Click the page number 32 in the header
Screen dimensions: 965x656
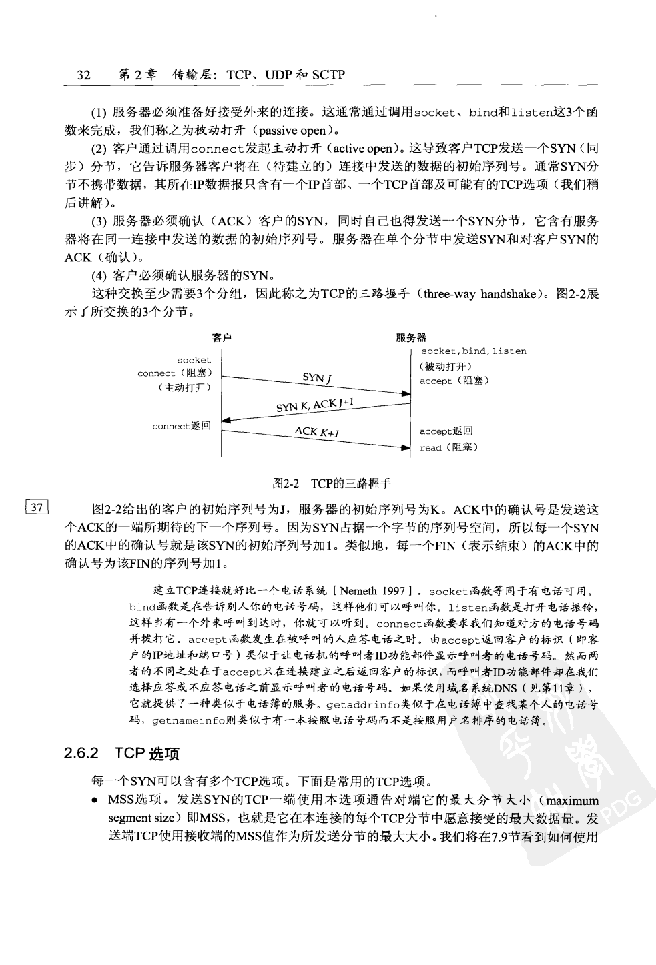point(83,75)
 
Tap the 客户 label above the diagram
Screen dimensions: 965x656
point(222,338)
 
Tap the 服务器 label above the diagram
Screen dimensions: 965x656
point(411,338)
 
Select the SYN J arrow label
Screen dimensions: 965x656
point(318,378)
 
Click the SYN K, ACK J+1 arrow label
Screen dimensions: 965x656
point(315,405)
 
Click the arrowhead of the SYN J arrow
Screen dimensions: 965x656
point(406,393)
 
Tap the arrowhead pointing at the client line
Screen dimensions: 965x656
point(226,421)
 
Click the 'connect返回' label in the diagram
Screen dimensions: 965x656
point(182,426)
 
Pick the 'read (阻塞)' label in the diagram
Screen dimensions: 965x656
point(448,447)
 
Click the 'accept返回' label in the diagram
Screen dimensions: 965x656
point(446,431)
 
